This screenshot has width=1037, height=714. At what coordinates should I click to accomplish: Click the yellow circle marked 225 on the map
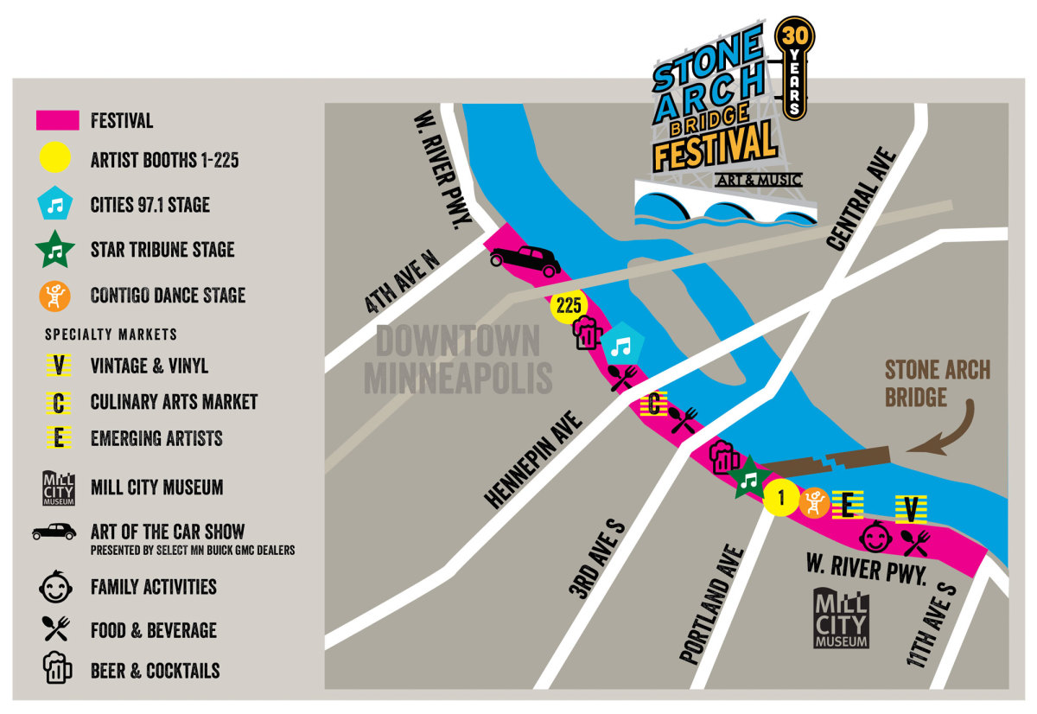(568, 305)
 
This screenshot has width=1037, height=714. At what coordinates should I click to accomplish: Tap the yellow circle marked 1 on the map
(781, 497)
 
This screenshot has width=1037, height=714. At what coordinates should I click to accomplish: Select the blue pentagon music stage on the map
(621, 346)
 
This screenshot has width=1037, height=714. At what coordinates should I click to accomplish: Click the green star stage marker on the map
(748, 478)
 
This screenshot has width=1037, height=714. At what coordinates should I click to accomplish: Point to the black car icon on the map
(525, 260)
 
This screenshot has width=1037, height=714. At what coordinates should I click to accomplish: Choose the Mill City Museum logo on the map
(841, 618)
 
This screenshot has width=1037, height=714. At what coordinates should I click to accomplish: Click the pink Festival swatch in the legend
(58, 121)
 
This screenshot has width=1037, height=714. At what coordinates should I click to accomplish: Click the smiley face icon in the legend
(56, 587)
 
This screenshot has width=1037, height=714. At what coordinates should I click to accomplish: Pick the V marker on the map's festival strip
(910, 509)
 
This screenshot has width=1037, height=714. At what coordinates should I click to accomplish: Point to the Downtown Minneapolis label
(458, 360)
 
